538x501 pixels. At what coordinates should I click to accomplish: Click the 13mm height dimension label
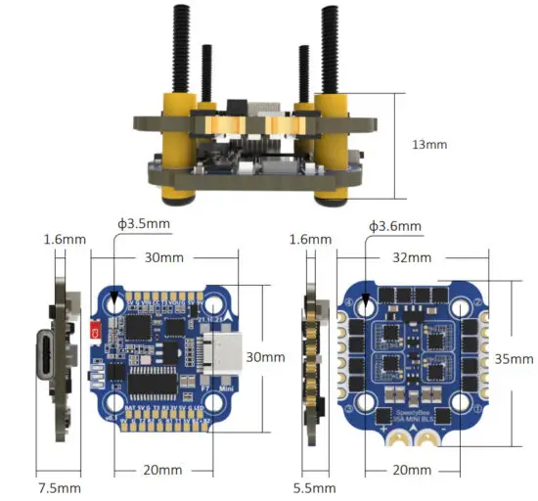coord(429,144)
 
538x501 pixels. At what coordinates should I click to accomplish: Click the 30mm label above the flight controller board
coord(163,258)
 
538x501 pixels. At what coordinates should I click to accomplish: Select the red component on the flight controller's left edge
coord(96,333)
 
